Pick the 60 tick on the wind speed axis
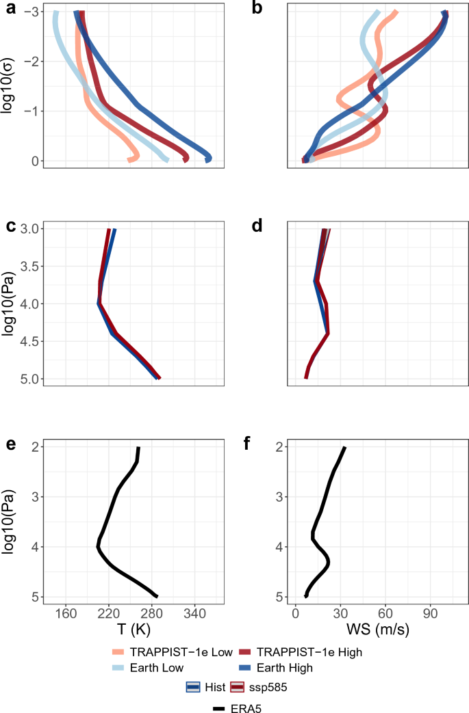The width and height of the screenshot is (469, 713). pyautogui.click(x=385, y=613)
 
